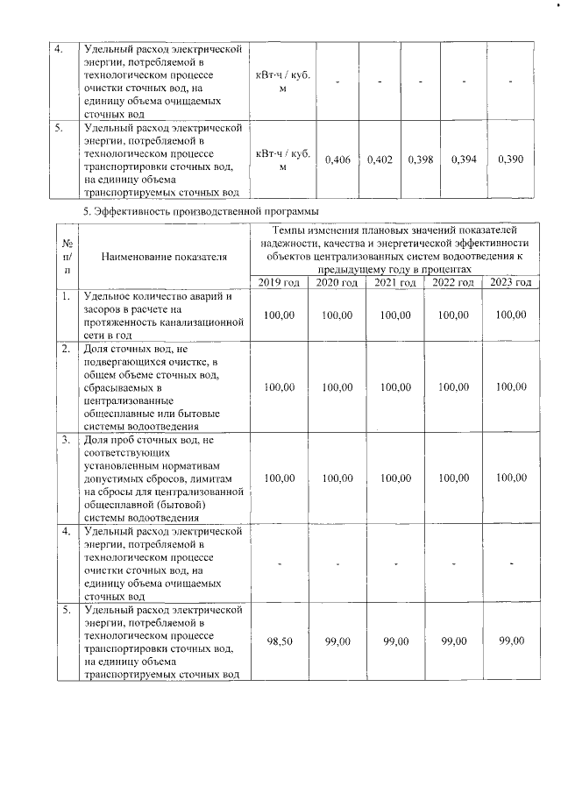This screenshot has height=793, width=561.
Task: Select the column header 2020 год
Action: point(337,282)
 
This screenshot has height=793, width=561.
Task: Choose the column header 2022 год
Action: point(453,282)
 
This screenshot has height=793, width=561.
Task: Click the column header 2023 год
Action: point(511,282)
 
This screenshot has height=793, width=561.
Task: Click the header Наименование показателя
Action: point(164,257)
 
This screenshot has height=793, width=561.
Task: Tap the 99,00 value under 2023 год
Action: point(511,641)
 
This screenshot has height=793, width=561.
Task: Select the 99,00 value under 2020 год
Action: point(337,641)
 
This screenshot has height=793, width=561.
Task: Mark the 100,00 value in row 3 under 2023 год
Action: point(511,478)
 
